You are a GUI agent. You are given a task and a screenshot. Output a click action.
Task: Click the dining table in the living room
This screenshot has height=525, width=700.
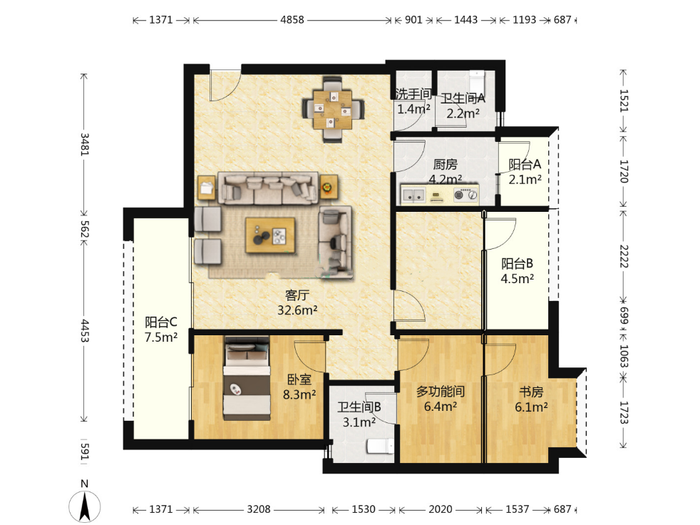(x=333, y=109)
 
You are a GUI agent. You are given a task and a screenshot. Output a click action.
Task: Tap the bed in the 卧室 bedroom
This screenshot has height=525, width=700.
(x=247, y=378)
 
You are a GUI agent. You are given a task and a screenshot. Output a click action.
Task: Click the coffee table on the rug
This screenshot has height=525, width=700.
(x=269, y=235)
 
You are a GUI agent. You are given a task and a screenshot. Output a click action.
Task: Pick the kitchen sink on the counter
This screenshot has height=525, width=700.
(x=413, y=195)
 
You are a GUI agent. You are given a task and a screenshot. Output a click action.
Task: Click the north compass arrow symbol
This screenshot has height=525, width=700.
(x=84, y=506)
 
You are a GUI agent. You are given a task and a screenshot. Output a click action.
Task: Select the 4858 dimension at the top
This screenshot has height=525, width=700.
(x=292, y=20)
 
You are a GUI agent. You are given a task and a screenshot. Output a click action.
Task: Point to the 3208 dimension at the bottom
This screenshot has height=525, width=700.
(x=259, y=509)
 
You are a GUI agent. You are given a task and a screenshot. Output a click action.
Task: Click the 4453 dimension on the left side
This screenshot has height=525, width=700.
(x=84, y=331)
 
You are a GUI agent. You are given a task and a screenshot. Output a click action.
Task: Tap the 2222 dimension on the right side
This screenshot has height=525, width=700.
(x=624, y=256)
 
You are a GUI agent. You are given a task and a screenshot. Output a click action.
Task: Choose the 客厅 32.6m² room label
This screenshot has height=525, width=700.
(x=297, y=302)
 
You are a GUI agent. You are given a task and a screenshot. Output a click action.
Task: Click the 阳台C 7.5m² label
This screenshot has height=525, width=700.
(x=160, y=330)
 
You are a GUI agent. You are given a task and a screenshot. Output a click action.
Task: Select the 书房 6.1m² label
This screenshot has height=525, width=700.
(x=531, y=399)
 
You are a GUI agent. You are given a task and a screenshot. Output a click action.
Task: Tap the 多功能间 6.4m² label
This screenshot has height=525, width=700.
(x=441, y=399)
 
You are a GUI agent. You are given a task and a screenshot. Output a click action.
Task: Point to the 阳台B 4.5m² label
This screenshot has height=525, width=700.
(x=517, y=271)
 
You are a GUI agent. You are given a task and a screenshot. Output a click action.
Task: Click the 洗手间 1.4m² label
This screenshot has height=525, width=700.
(x=413, y=101)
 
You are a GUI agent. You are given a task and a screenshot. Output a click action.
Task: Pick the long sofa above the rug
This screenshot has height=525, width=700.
(x=268, y=188)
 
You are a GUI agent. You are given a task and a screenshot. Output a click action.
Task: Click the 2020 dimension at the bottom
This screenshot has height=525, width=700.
(x=441, y=509)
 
